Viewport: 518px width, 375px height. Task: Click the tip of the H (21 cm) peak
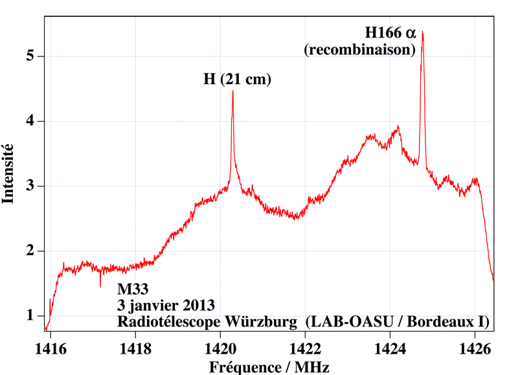point(232,91)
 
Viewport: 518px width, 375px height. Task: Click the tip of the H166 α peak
point(423,31)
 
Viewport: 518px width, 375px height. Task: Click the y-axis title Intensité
point(8,174)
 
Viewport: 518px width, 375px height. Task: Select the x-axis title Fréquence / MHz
point(269,367)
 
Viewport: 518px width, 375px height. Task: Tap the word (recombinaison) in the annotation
point(360,49)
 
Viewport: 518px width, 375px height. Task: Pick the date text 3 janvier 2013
point(165,304)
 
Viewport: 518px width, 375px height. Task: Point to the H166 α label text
point(388,31)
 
